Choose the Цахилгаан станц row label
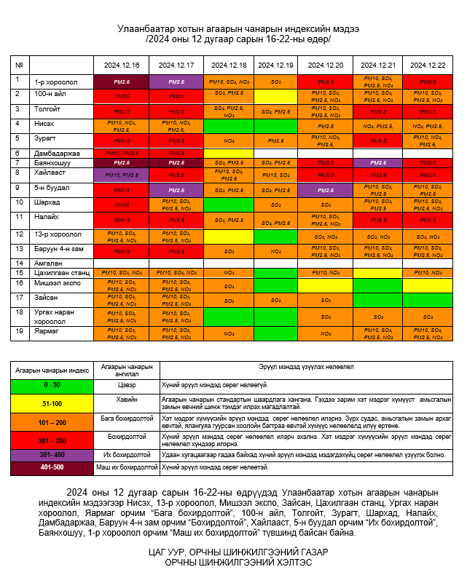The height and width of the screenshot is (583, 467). [x=61, y=273]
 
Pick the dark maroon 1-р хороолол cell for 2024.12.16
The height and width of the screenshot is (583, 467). [x=122, y=82]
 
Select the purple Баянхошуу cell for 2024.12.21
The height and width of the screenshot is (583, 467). [x=377, y=163]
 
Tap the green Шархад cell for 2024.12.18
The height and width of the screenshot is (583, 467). [x=229, y=205]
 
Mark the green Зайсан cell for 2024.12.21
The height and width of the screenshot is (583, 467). [x=377, y=299]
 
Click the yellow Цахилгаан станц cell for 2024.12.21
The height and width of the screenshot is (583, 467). [x=377, y=273]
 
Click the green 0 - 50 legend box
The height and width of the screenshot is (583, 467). [x=52, y=384]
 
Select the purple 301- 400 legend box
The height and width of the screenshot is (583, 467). [x=52, y=454]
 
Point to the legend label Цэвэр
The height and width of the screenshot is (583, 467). [x=127, y=384]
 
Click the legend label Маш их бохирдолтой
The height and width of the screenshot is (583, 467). [x=127, y=467]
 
